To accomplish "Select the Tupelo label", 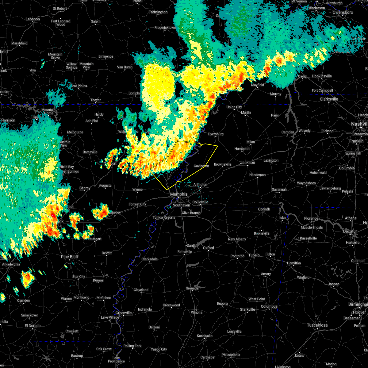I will [x=254, y=255].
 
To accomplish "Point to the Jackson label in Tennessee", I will [x=247, y=163].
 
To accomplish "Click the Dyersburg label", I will [x=216, y=134].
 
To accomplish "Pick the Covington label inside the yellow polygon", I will [x=201, y=166].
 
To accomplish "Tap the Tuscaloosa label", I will [x=317, y=325].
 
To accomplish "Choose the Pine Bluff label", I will [x=70, y=257].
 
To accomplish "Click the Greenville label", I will [x=124, y=313].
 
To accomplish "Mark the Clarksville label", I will [x=329, y=99].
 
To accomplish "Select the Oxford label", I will [x=209, y=248].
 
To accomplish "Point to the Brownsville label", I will [x=223, y=164].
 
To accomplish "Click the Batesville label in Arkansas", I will [x=90, y=152].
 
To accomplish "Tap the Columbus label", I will [x=269, y=306].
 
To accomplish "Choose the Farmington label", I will [x=158, y=12].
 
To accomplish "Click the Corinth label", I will [x=264, y=209].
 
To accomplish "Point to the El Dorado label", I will [x=33, y=326].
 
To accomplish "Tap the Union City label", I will [x=234, y=107].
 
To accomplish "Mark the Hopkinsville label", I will [x=322, y=76].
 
